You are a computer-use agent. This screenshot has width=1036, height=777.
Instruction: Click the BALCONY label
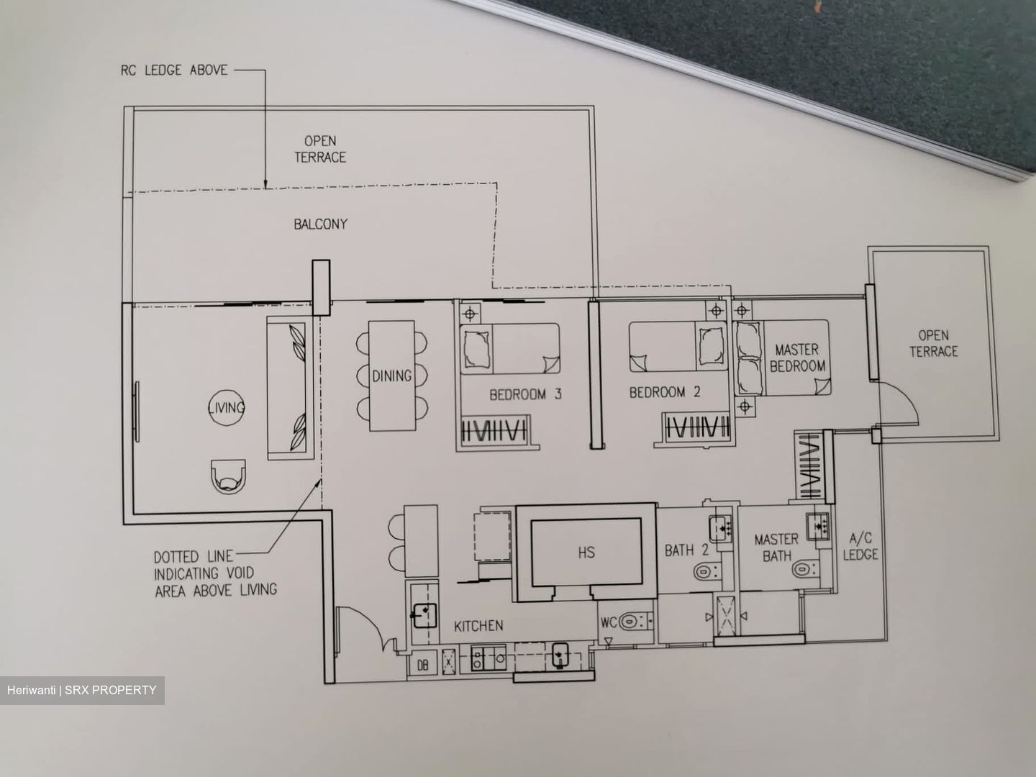320,224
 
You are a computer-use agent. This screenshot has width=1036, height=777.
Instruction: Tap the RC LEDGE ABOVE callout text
174,71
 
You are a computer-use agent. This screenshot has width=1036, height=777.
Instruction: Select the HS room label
586,553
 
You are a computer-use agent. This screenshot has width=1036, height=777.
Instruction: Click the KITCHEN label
478,626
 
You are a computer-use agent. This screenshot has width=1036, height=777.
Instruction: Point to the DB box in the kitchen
423,665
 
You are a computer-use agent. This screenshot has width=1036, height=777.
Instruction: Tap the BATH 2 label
686,550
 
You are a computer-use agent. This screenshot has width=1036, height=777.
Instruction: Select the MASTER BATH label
776,547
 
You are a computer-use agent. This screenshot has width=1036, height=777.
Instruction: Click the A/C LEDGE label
860,547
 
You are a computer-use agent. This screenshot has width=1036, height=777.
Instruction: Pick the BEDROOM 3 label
525,394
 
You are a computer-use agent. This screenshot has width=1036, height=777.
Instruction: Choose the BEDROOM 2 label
665,392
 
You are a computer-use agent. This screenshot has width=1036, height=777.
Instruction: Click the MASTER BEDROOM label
798,358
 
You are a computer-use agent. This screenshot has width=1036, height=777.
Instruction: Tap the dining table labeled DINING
392,376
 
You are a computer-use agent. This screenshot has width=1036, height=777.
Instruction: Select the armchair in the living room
229,476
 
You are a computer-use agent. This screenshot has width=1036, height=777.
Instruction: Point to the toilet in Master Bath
805,568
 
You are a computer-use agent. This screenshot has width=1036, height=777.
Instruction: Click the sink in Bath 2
719,528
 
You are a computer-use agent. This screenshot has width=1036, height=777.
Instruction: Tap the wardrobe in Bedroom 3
494,431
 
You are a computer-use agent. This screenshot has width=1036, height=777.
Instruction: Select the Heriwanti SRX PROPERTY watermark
81,691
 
